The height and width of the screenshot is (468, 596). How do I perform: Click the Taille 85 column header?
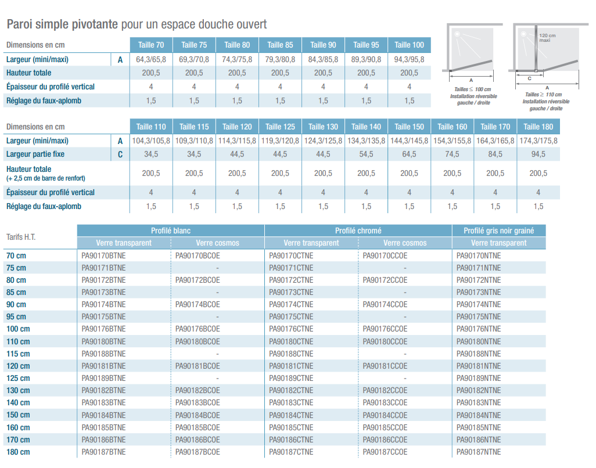point(280,45)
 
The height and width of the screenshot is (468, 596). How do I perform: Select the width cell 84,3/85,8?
point(323,59)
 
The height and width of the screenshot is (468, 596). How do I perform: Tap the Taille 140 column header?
point(366,127)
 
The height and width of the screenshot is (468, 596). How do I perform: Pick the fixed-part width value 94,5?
point(538,154)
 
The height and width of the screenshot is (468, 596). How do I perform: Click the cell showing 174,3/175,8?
point(538,141)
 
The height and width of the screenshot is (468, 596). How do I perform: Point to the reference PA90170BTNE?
point(103,255)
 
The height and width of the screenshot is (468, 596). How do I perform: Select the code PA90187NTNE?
point(479,452)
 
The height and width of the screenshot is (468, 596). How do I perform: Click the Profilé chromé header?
point(358,231)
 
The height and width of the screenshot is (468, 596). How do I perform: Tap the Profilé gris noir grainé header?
point(498,231)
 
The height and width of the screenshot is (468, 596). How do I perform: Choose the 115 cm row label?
point(18,354)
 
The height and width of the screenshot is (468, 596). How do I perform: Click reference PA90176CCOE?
point(385,329)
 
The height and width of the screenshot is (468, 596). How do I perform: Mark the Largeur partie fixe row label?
point(35,154)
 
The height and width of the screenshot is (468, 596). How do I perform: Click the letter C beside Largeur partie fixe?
point(120,154)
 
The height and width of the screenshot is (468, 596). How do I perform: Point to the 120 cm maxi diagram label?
point(547,38)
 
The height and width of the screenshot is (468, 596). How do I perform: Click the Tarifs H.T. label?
point(21,237)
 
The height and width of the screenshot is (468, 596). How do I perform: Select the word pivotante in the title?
point(95,24)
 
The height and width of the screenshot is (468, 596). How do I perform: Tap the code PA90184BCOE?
point(198,416)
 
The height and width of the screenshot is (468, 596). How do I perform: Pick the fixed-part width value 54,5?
point(366,154)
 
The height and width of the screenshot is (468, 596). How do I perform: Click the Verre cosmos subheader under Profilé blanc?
point(217,243)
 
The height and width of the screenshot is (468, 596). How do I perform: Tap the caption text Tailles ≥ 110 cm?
point(544,95)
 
